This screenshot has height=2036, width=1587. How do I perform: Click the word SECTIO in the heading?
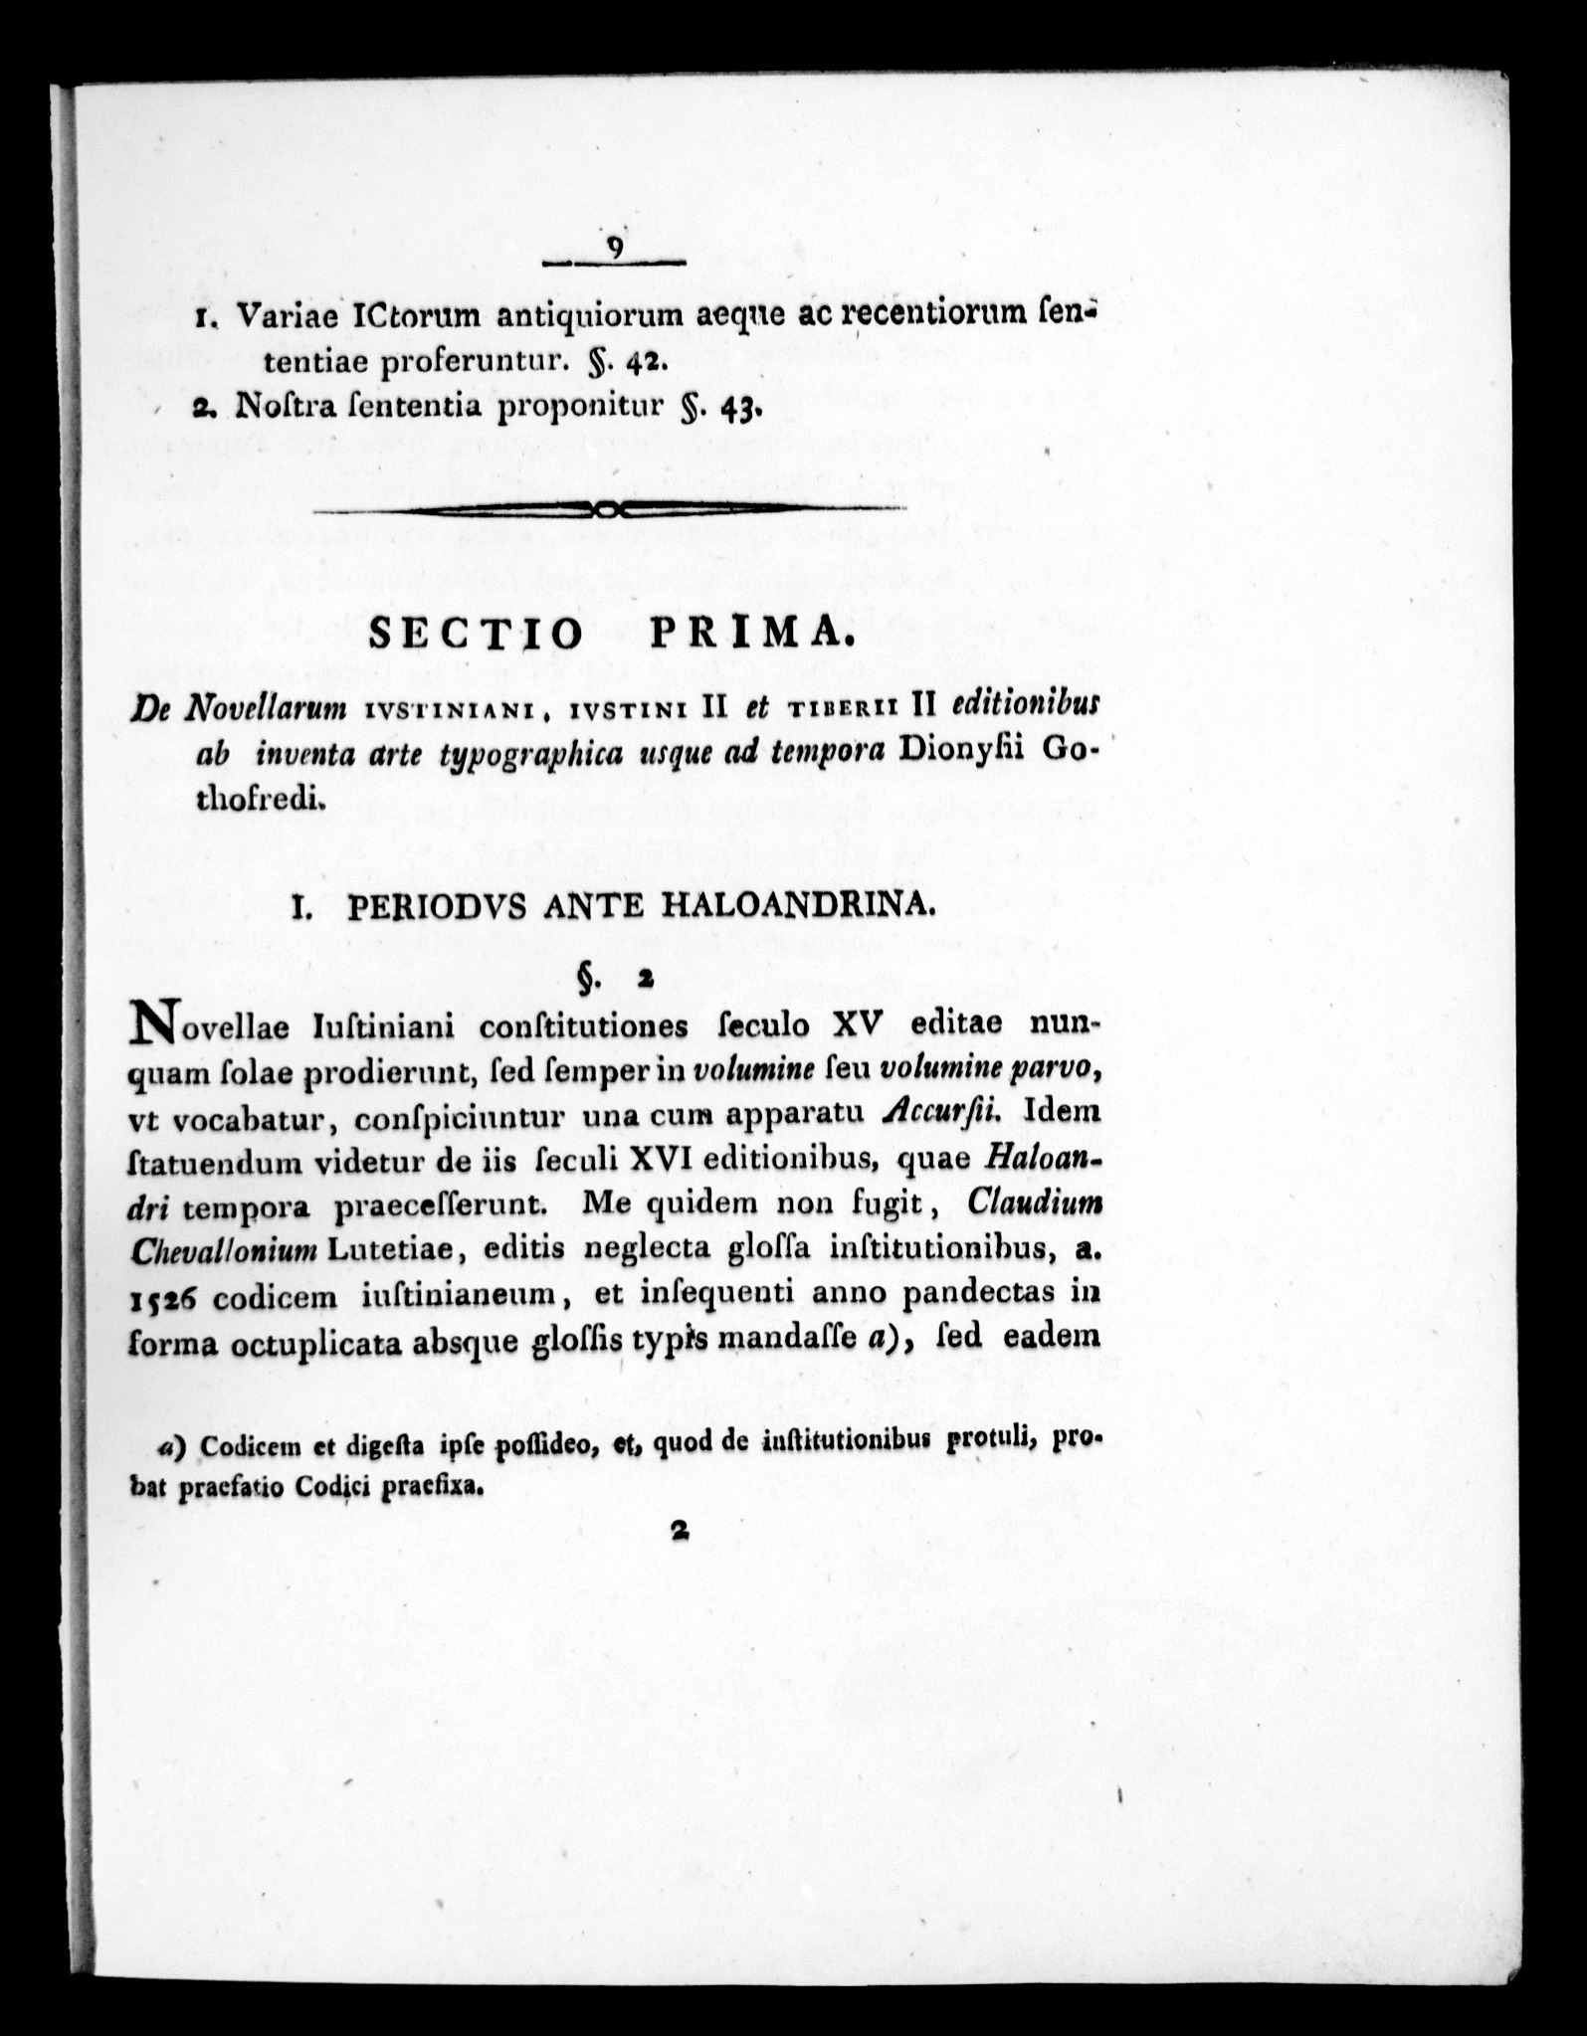click(475, 635)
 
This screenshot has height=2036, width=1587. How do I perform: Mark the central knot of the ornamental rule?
click(608, 509)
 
